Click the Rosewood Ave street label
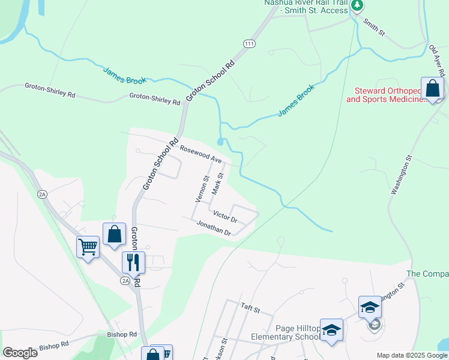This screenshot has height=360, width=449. click(201, 155)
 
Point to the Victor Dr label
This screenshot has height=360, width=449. click(226, 216)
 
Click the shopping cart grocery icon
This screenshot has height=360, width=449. click(88, 247)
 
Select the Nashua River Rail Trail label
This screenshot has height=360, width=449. click(306, 7)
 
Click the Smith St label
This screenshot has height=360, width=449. click(373, 27)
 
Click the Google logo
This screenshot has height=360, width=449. click(20, 353)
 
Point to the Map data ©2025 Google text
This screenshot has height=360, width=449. click(411, 355)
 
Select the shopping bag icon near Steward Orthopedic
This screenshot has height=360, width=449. click(432, 89)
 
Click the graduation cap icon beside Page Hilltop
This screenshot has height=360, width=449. click(331, 330)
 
